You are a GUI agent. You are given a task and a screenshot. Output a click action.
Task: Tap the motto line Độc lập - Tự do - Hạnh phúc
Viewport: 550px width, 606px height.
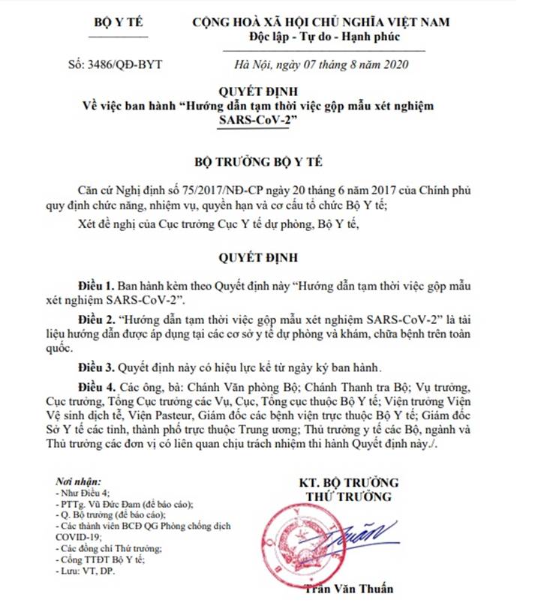pyautogui.click(x=325, y=36)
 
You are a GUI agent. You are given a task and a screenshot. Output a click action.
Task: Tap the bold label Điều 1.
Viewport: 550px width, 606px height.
pyautogui.click(x=98, y=286)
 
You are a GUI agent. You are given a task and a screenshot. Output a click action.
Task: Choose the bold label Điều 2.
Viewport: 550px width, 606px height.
pyautogui.click(x=98, y=321)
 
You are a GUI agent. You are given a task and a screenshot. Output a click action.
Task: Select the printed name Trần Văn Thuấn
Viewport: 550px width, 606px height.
pyautogui.click(x=350, y=589)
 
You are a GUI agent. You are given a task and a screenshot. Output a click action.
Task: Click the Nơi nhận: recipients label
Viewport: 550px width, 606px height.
pyautogui.click(x=79, y=481)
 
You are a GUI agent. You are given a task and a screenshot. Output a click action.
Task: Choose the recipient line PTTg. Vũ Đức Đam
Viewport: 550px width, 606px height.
pyautogui.click(x=128, y=505)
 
